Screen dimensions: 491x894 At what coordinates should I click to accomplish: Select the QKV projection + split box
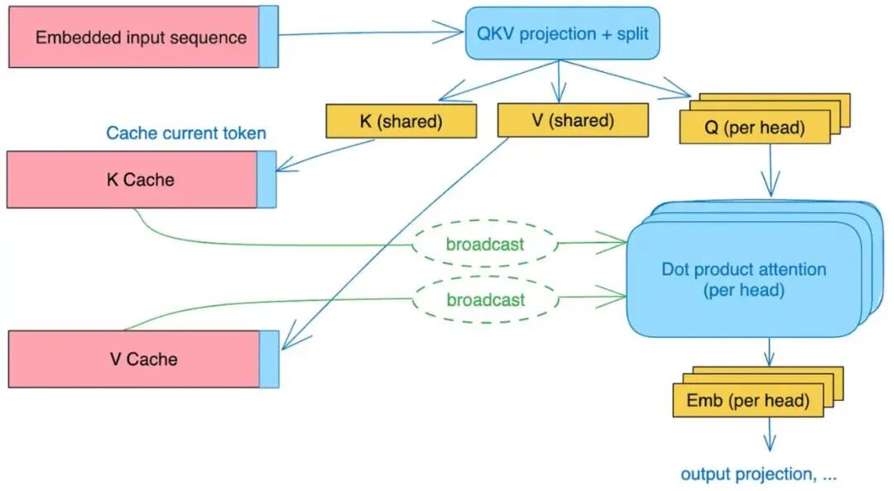coord(562,34)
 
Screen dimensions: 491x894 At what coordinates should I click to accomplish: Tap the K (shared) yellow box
coord(401,121)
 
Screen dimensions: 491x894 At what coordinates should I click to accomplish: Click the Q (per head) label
coord(753,128)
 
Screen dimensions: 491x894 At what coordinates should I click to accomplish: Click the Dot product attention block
coord(743,279)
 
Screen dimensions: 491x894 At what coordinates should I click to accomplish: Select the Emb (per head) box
coord(747,402)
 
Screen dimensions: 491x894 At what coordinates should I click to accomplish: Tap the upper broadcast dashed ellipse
coord(485,244)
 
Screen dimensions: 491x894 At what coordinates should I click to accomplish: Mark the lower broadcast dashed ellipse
coord(485,299)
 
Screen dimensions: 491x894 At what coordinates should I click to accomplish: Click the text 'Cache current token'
coord(186,133)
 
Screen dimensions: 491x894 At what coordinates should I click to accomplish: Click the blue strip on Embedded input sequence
coord(268,37)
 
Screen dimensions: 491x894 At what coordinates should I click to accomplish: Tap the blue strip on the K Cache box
coord(266,180)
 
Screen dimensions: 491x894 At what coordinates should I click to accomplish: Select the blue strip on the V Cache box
coord(269,359)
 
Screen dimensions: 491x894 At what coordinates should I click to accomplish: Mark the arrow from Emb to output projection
coord(770,436)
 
